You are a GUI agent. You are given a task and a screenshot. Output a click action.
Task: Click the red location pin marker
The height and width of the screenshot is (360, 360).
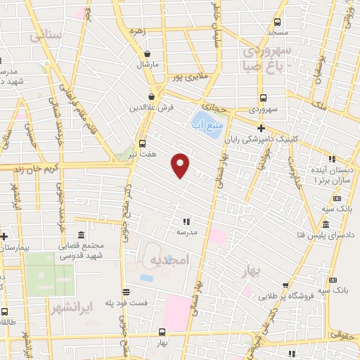point(181,165)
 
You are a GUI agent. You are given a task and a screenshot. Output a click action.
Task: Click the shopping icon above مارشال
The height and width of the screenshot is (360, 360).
point(147,53)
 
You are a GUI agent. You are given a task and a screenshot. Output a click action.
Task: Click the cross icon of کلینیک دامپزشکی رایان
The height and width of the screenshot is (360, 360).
point(261,128)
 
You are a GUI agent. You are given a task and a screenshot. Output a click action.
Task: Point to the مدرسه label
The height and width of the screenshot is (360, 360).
point(186,231)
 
